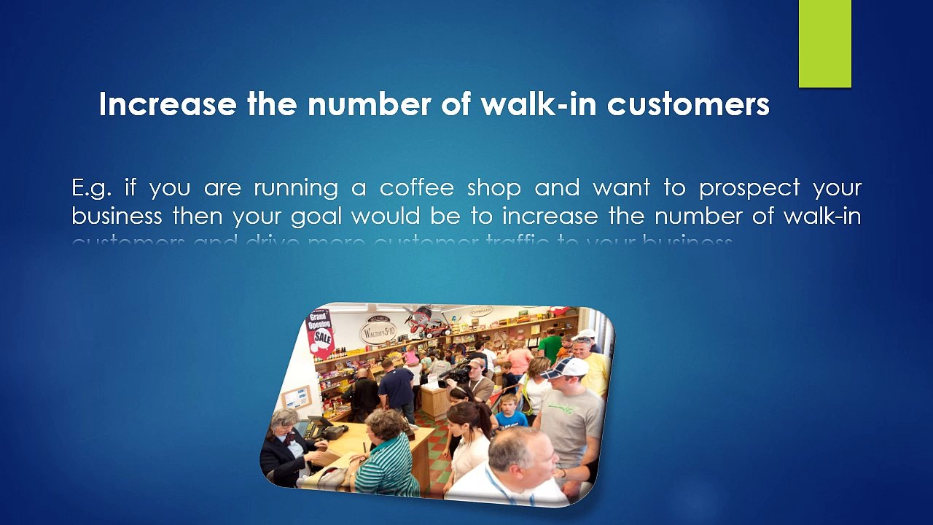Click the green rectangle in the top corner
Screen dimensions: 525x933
824,44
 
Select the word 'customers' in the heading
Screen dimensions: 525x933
688,104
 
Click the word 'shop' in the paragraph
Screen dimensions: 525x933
493,188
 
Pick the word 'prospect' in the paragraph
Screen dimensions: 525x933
749,188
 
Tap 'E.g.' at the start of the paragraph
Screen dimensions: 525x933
91,188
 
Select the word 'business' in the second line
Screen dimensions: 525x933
117,217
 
